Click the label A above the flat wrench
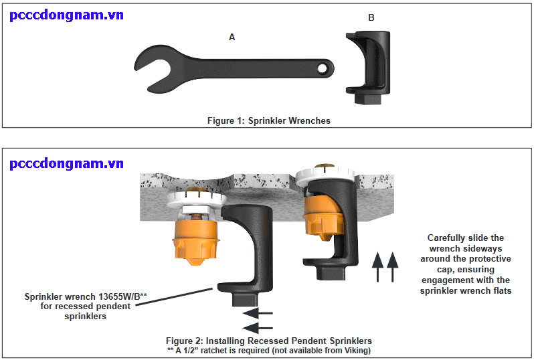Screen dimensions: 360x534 (232, 37)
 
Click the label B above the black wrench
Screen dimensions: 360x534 (371, 17)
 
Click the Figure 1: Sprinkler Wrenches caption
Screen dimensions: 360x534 (268, 121)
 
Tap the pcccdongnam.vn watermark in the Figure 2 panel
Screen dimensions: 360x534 (66, 163)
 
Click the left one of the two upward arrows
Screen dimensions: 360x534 (377, 266)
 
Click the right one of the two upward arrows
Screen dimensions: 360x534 (392, 266)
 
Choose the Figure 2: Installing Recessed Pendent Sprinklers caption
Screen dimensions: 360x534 (268, 341)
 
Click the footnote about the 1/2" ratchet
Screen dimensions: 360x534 (268, 350)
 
